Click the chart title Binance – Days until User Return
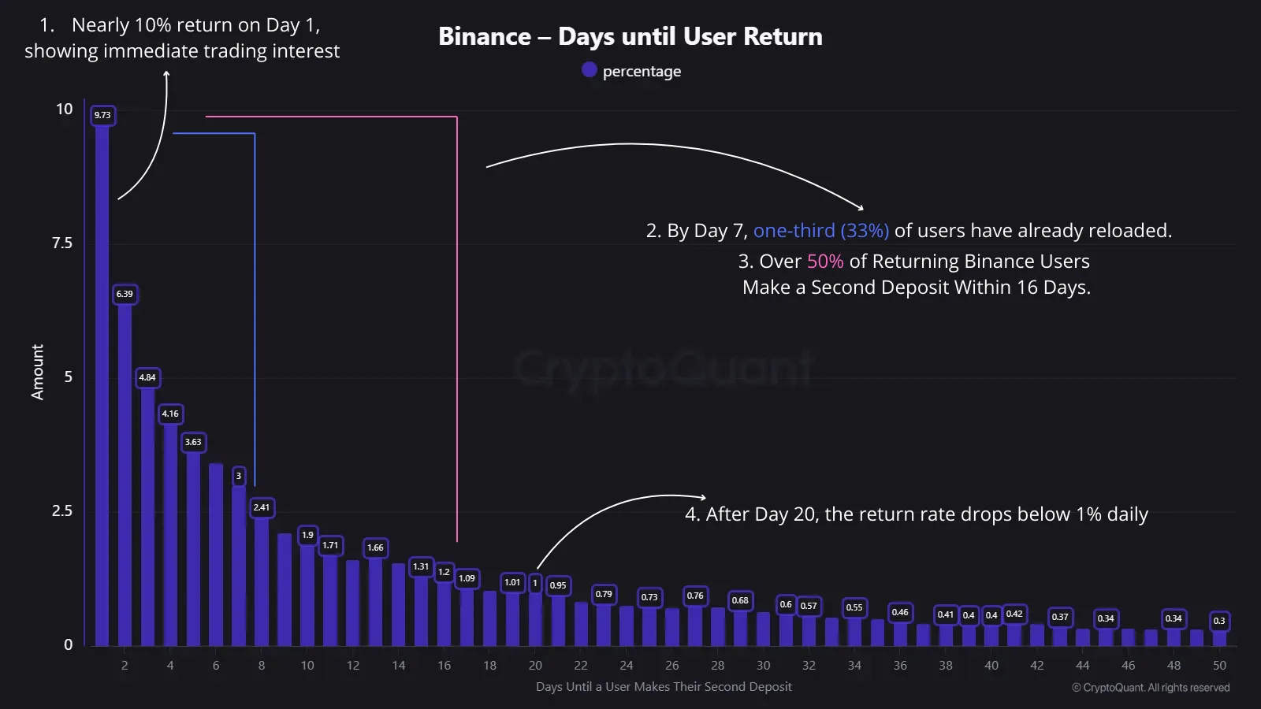tap(630, 36)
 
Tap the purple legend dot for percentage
tap(589, 70)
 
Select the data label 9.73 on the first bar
tap(102, 115)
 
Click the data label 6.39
tap(125, 294)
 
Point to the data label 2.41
tap(262, 507)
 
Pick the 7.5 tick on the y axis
tap(62, 243)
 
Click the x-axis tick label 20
tap(535, 665)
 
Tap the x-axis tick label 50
tap(1219, 665)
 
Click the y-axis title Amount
tap(37, 372)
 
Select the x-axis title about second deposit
tap(664, 686)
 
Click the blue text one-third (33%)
tap(820, 230)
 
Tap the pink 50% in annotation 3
tap(824, 261)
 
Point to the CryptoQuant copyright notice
tap(1150, 687)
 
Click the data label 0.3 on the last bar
tap(1219, 621)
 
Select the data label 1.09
tap(467, 578)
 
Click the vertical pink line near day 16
tap(457, 331)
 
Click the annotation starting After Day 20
tap(916, 514)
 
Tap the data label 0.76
tap(695, 596)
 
